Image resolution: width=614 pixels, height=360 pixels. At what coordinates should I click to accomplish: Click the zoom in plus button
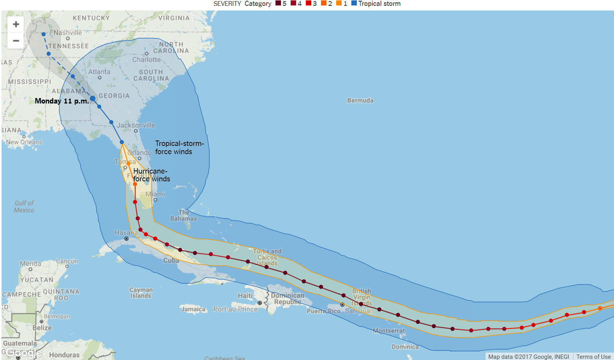(x=16, y=25)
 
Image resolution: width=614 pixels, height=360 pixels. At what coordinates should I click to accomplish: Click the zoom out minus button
(x=16, y=40)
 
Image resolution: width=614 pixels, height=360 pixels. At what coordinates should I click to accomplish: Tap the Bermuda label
(x=360, y=100)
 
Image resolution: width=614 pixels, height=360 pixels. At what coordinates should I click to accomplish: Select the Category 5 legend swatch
(x=278, y=3)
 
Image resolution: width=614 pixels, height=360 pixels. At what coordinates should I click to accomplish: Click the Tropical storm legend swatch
(x=354, y=3)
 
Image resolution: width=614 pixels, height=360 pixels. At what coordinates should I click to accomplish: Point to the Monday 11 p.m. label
(x=61, y=101)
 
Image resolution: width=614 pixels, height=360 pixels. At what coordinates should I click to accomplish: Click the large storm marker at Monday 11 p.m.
(x=93, y=98)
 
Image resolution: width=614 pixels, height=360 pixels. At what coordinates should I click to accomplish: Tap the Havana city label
(x=126, y=233)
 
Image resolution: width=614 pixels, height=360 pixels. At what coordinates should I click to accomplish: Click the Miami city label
(x=155, y=194)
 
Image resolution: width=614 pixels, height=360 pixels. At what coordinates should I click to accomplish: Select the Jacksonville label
(x=136, y=125)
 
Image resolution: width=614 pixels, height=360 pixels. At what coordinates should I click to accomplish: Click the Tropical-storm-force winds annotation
(x=179, y=148)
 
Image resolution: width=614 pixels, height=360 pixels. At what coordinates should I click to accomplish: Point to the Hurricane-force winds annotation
(x=151, y=175)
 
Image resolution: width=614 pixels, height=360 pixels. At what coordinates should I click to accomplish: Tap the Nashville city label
(x=68, y=33)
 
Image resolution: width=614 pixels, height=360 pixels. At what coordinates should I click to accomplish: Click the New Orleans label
(x=24, y=142)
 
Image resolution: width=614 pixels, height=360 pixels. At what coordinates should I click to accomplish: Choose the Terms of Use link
(x=593, y=356)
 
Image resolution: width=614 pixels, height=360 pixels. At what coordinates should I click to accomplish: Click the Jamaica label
(x=193, y=309)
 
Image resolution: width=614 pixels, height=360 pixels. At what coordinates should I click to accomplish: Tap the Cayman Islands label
(x=141, y=293)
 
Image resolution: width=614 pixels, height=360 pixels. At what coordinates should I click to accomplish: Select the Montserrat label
(x=388, y=331)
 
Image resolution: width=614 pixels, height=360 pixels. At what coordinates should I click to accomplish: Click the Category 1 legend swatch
(x=339, y=3)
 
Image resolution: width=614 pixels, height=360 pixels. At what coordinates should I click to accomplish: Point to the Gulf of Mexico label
(x=24, y=207)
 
